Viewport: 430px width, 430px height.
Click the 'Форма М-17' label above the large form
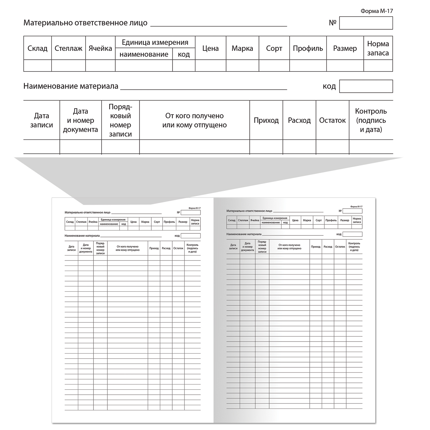[x=376, y=11]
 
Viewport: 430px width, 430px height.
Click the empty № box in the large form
[x=366, y=23]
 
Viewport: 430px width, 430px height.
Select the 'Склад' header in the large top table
[x=37, y=48]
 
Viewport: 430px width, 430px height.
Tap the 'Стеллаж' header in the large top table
[x=69, y=48]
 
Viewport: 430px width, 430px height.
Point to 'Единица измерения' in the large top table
[x=155, y=42]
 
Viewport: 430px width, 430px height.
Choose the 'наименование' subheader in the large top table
[x=144, y=54]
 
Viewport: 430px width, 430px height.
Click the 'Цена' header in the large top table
[x=210, y=48]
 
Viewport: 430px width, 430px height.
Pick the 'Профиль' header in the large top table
[x=308, y=48]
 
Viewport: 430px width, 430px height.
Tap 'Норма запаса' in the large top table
[x=378, y=48]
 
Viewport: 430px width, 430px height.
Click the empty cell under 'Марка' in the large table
[x=242, y=66]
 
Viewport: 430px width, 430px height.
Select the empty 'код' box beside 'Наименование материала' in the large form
[x=366, y=86]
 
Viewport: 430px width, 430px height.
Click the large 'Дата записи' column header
[x=42, y=120]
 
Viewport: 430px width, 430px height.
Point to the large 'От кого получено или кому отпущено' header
[x=194, y=120]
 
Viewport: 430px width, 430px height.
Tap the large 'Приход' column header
[x=266, y=120]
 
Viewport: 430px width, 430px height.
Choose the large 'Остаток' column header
[x=332, y=120]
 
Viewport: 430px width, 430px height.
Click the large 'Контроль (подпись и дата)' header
[x=371, y=120]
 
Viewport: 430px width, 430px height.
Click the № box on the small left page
[x=191, y=212]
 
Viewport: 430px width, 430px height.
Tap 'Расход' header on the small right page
[x=328, y=247]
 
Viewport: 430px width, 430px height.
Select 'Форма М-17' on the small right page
[x=356, y=206]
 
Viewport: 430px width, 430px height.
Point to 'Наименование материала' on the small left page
[x=82, y=236]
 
